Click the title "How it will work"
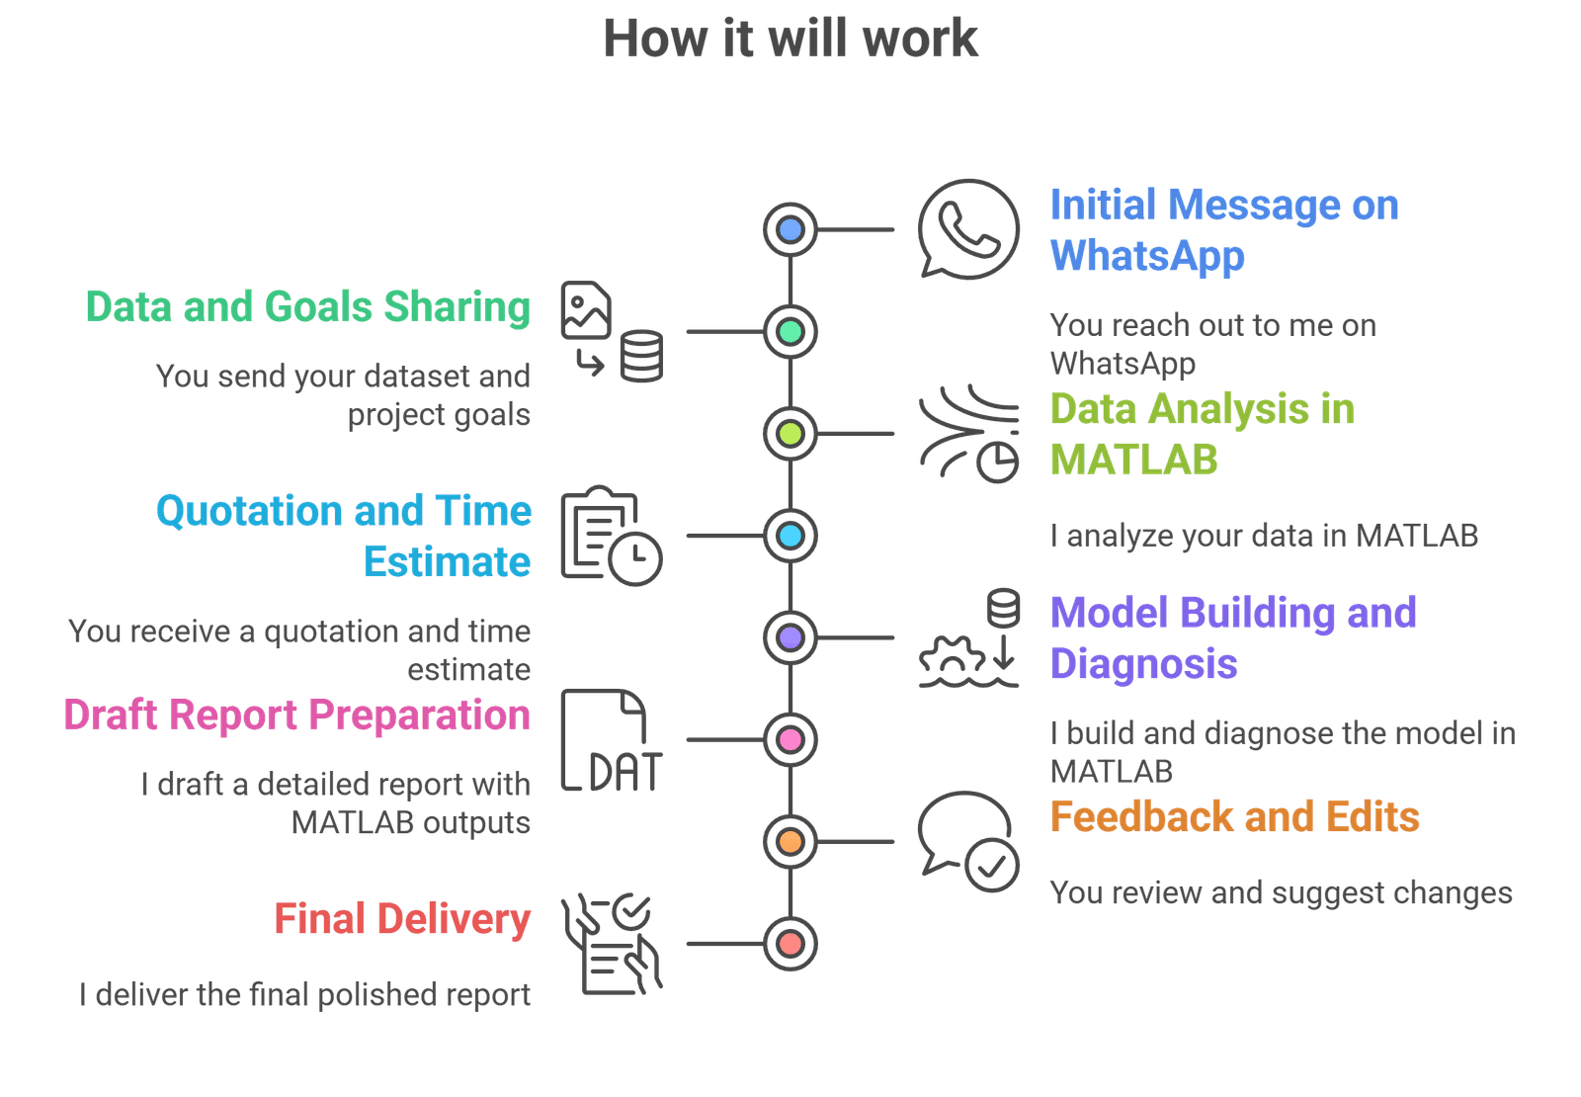click(790, 40)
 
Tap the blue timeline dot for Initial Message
click(790, 229)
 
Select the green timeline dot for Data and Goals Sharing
click(790, 331)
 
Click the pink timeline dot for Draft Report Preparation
click(790, 739)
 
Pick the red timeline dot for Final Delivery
click(790, 944)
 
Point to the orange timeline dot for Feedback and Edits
click(790, 841)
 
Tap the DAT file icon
click(612, 741)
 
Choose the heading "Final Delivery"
click(402, 919)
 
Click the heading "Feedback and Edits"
click(1234, 817)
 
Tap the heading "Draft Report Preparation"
click(296, 715)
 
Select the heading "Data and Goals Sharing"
click(307, 307)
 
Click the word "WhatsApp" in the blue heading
click(1147, 256)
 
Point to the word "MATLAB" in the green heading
click(1133, 460)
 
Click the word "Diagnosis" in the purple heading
click(1143, 664)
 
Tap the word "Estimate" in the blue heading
click(447, 561)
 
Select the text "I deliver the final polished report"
click(304, 994)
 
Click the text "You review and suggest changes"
click(1281, 892)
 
